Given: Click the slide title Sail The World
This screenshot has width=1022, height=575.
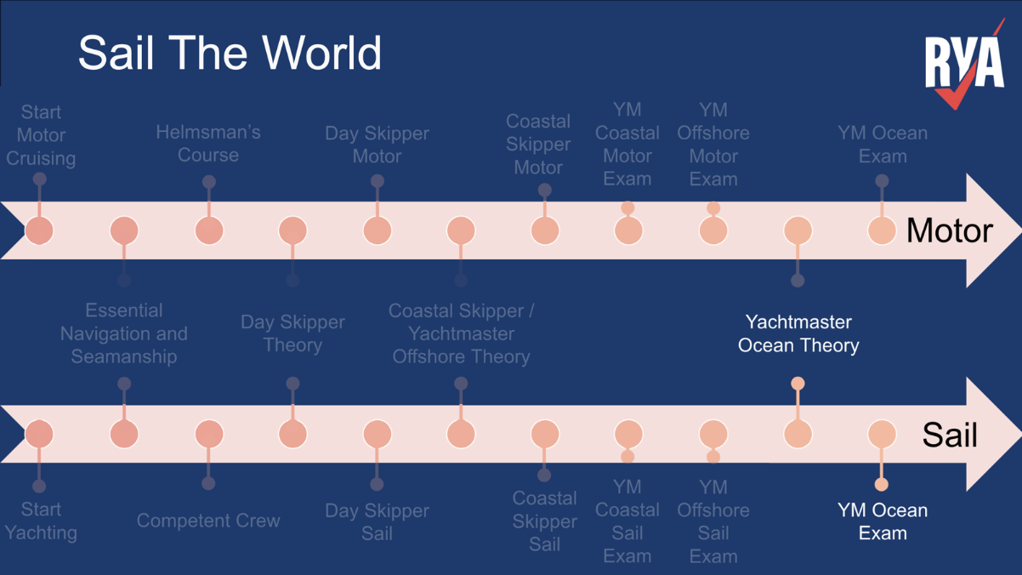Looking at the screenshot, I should [230, 53].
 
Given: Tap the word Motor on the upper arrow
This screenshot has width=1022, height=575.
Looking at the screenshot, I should [949, 231].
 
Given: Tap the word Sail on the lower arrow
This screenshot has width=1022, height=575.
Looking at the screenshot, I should [950, 436].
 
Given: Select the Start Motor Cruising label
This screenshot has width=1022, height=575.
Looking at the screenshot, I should [41, 135].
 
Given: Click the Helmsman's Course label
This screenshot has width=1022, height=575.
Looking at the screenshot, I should [208, 144].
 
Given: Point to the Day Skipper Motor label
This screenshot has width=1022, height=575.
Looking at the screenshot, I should [377, 145].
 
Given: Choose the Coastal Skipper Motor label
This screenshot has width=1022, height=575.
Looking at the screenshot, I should [538, 145].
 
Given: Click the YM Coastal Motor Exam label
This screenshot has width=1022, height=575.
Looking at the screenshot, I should [627, 145].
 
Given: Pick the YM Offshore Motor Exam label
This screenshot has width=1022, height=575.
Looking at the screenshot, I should [713, 145].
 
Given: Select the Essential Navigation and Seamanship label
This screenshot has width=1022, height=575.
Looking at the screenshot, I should [124, 333].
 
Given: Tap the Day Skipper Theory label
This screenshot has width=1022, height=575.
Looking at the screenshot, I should [292, 333].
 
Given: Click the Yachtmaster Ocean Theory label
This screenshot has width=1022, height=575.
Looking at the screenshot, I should [798, 333].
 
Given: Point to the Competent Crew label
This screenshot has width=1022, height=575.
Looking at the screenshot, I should [208, 521].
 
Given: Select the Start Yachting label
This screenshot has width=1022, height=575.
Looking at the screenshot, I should [41, 521].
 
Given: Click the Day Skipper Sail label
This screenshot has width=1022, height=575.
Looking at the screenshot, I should [377, 521].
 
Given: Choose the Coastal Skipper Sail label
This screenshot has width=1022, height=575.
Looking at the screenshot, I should [544, 521].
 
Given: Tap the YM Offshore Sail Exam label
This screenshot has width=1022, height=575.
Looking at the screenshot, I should [713, 521].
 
